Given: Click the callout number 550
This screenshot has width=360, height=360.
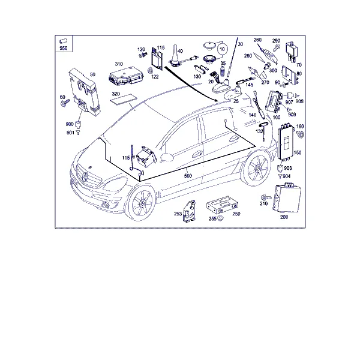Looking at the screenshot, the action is tap(64, 48).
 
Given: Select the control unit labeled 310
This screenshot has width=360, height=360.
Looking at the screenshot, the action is tap(126, 76).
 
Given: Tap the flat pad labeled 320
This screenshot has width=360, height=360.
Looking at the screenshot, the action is tap(124, 99).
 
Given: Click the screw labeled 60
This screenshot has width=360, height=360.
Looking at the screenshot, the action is tap(65, 103).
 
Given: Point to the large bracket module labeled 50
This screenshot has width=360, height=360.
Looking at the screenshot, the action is tap(84, 92).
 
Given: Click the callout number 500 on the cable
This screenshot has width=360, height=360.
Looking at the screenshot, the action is tap(188, 176).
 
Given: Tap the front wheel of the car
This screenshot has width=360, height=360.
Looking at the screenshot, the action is tap(141, 203).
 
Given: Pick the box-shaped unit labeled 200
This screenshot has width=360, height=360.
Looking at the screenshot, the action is tap(287, 197).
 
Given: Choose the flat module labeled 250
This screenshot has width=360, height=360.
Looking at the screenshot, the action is tap(222, 205).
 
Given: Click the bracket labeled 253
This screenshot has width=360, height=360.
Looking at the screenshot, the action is tap(190, 211).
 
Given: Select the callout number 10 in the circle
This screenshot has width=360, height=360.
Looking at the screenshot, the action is tap(222, 49).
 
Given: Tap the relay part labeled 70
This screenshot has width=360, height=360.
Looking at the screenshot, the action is tap(292, 52).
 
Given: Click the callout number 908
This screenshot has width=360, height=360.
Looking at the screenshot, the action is tap(299, 101).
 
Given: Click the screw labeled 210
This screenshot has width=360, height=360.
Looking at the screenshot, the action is tap(266, 197).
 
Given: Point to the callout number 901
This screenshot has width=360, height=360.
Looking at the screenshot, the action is tap(70, 133).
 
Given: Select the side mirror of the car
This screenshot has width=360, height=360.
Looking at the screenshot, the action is tap(167, 157).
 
